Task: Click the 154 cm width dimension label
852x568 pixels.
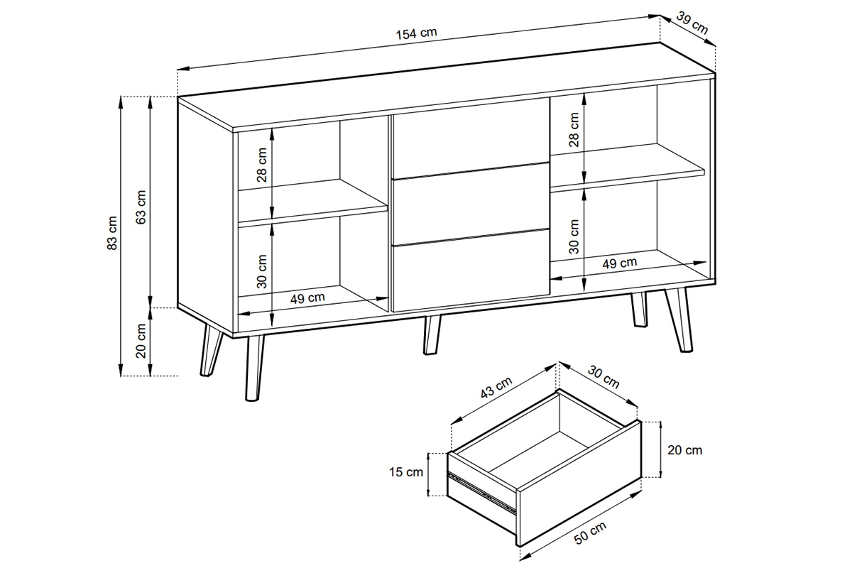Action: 417,33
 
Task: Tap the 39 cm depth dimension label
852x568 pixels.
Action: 692,23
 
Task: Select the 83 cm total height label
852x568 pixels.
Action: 112,233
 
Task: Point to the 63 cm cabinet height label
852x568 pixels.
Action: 141,207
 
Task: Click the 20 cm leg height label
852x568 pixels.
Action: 141,341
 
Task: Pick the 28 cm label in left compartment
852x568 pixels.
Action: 262,165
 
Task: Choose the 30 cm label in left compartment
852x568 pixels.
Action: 262,271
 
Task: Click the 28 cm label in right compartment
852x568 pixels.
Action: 574,130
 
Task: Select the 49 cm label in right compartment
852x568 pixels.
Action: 620,263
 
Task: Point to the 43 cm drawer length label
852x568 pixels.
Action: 496,387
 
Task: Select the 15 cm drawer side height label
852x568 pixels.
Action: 406,472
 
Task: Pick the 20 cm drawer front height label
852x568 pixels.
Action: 684,450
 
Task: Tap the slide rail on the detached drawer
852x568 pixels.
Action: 481,491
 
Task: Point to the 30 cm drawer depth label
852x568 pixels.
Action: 603,376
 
